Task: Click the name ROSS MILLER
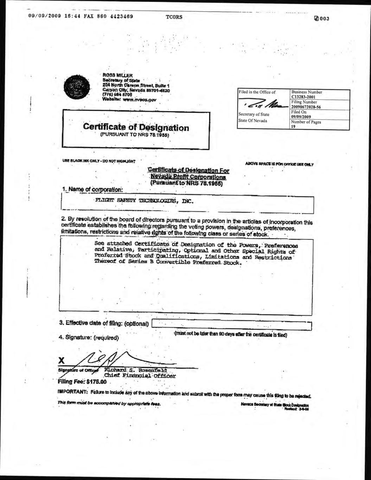click(x=117, y=75)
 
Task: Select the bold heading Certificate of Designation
click(x=136, y=128)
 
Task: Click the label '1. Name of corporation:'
click(x=92, y=190)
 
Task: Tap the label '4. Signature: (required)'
click(x=89, y=337)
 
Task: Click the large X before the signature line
click(x=62, y=360)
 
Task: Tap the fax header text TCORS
click(x=174, y=17)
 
